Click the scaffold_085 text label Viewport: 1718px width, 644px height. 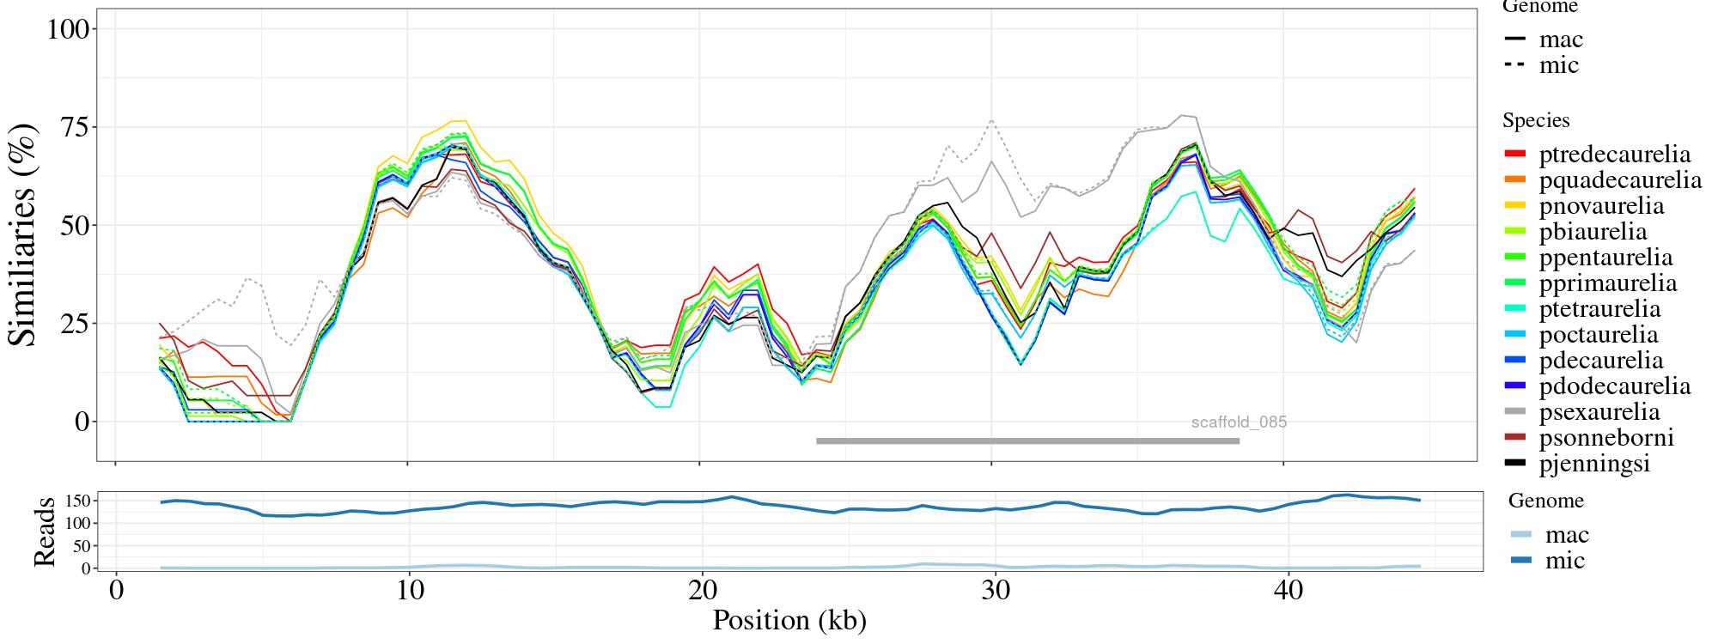pyautogui.click(x=1239, y=422)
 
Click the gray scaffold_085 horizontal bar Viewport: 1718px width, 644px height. pyautogui.click(x=1027, y=441)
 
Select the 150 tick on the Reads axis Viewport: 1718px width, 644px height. pyautogui.click(x=78, y=501)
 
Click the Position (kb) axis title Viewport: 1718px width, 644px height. pyautogui.click(x=789, y=620)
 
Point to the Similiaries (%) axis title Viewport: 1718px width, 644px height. pyautogui.click(x=24, y=235)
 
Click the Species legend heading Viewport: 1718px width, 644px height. pyautogui.click(x=1536, y=120)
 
